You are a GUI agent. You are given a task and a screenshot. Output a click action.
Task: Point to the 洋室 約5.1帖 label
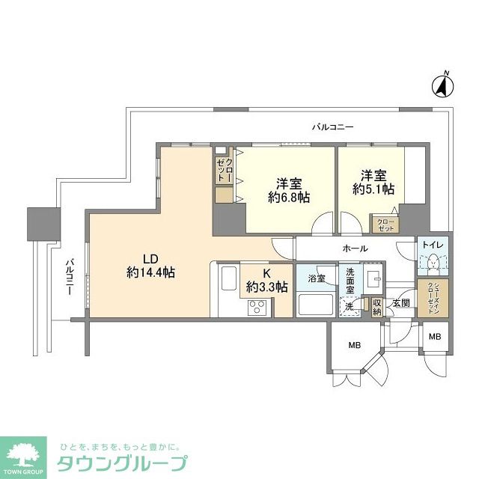click(x=374, y=183)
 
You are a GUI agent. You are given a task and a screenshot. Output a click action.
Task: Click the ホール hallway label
click(x=355, y=248)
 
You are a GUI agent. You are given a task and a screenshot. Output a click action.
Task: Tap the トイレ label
click(x=433, y=245)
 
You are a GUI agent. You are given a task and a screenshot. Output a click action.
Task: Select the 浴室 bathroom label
click(x=316, y=278)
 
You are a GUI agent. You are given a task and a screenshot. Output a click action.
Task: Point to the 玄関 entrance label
click(x=401, y=303)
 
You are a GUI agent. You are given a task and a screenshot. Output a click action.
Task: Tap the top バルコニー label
click(x=332, y=127)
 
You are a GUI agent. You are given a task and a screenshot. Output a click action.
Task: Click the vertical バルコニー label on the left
click(x=69, y=277)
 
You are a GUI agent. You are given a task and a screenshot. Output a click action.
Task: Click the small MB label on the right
click(x=435, y=338)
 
